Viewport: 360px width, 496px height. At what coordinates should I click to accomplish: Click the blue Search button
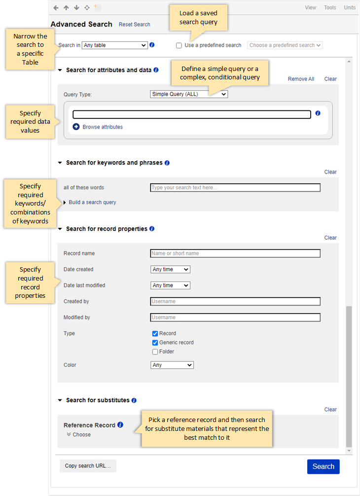[x=323, y=466]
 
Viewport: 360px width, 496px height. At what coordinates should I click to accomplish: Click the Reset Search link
[x=134, y=24]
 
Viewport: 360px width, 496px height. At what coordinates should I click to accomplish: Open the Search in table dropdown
[x=114, y=45]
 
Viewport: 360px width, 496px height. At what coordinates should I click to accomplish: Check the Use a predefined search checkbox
[x=179, y=45]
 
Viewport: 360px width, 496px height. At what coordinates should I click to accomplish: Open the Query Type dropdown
[x=188, y=94]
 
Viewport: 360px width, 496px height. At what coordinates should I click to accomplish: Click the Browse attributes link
[x=102, y=127]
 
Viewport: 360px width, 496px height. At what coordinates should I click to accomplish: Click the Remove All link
[x=301, y=79]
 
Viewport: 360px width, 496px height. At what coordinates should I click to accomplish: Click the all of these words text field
[x=235, y=188]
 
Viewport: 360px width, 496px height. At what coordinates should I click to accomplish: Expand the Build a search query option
[x=92, y=203]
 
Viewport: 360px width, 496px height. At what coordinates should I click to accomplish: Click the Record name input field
[x=235, y=253]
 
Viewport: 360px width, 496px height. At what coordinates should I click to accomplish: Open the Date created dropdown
[x=170, y=270]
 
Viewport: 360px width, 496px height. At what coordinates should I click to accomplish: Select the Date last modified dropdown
[x=170, y=285]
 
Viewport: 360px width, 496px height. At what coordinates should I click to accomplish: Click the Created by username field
[x=235, y=301]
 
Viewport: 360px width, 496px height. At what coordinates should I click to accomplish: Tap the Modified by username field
[x=235, y=318]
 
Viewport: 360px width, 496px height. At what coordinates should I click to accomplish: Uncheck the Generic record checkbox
[x=155, y=343]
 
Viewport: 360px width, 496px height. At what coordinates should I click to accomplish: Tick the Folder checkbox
[x=155, y=352]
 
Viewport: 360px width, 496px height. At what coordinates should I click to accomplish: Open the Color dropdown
[x=172, y=365]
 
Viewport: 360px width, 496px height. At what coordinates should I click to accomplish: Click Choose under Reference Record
[x=81, y=435]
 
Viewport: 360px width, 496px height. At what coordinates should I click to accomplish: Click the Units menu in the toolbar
[x=350, y=7]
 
